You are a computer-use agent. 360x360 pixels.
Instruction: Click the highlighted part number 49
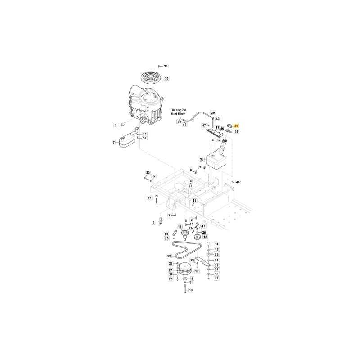(237, 126)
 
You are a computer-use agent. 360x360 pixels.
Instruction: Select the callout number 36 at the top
(166, 66)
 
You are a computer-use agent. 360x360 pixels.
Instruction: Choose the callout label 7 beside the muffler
(113, 142)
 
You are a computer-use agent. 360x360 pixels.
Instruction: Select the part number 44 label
(238, 182)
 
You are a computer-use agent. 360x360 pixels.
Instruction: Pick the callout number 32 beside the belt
(169, 256)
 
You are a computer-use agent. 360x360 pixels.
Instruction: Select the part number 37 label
(150, 198)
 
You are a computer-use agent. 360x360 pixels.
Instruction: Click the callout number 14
(216, 244)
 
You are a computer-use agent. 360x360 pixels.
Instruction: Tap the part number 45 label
(237, 132)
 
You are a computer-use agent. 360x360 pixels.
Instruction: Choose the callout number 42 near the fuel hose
(184, 124)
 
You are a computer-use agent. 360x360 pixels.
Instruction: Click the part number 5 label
(115, 125)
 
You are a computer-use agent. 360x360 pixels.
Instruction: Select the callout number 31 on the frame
(194, 200)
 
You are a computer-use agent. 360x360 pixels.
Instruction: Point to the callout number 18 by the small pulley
(205, 237)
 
